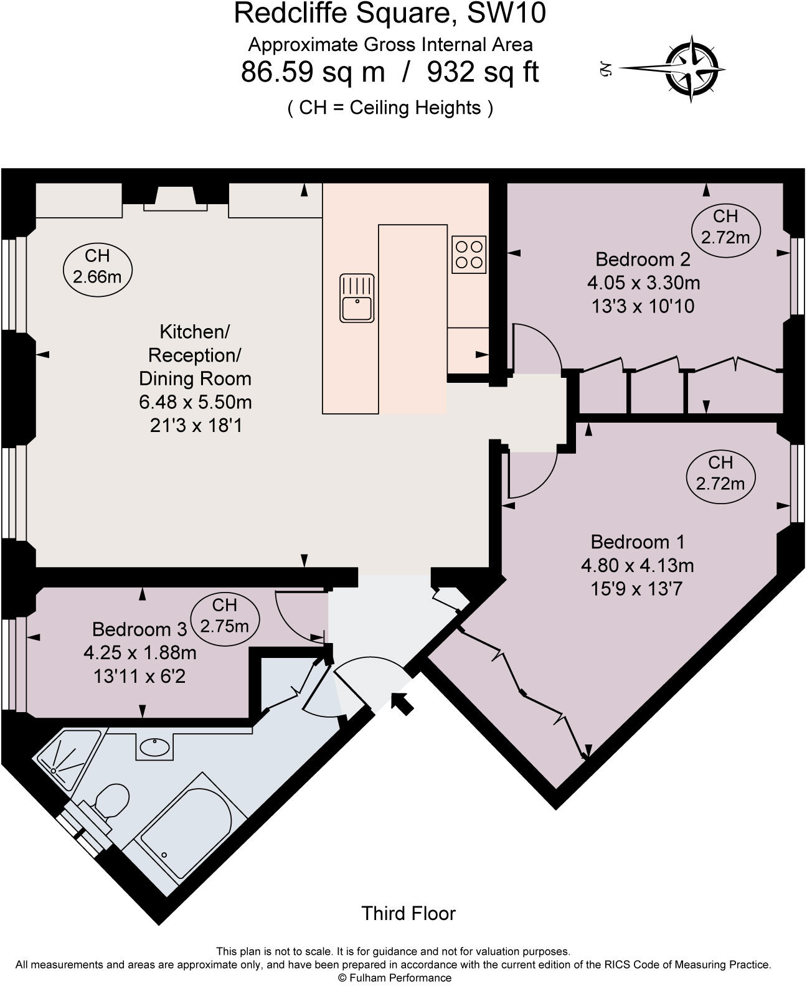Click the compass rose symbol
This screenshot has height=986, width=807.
694,68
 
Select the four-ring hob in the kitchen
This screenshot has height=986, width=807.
469,254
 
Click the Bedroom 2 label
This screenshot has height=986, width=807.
643,259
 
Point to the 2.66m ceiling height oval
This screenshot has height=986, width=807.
97,266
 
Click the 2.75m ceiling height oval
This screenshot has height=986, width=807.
224,615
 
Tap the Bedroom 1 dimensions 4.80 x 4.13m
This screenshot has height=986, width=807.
637,565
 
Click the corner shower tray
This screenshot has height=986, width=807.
65,756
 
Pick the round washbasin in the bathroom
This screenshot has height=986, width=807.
153,747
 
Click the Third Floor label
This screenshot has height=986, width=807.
408,913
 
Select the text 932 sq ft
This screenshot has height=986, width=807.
482,72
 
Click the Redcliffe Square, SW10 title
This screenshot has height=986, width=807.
390,14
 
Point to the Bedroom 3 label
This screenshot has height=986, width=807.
139,629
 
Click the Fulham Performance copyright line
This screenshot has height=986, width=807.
394,978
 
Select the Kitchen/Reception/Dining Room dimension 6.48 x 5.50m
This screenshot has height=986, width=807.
195,402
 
